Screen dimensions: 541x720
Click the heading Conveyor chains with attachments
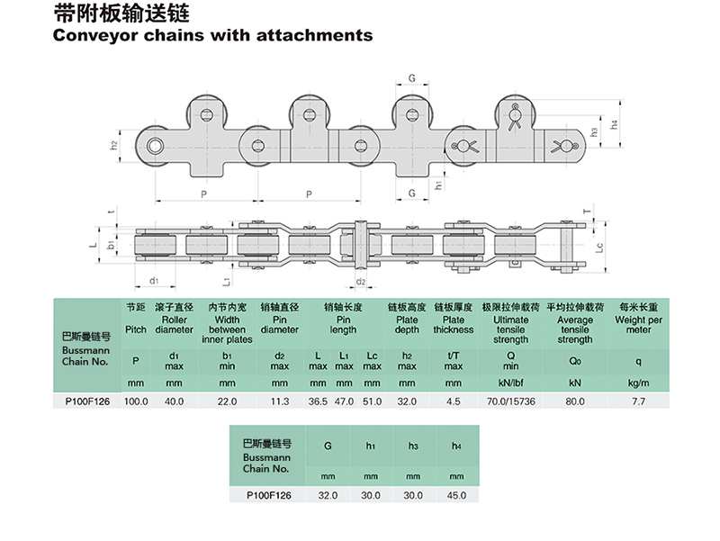pyautogui.click(x=212, y=36)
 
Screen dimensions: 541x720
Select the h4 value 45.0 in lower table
pyautogui.click(x=456, y=494)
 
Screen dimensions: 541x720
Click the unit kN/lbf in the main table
pyautogui.click(x=511, y=383)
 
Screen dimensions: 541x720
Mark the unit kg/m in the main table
pyautogui.click(x=638, y=383)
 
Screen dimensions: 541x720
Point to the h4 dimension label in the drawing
pyautogui.click(x=615, y=125)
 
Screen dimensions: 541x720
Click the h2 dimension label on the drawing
pyautogui.click(x=114, y=145)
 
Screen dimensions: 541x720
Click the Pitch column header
pyautogui.click(x=135, y=329)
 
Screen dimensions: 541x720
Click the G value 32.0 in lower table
pyautogui.click(x=328, y=494)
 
